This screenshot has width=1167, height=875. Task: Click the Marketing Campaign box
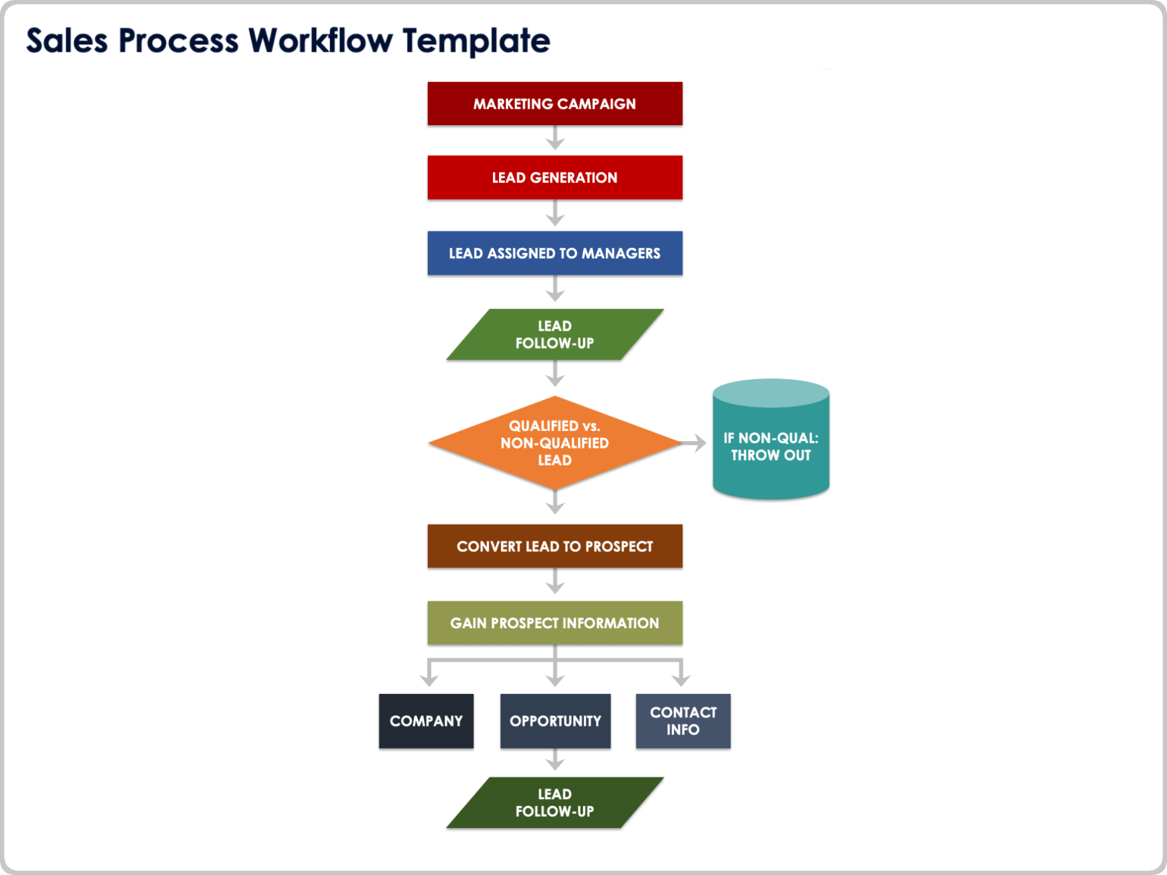pos(554,104)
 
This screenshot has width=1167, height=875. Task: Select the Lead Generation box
pos(554,177)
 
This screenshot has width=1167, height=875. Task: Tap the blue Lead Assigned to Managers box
pos(554,253)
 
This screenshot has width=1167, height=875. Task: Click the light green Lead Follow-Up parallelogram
pos(554,334)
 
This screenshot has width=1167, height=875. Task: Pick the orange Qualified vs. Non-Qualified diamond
pos(554,443)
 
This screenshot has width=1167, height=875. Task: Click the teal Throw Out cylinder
pos(771,447)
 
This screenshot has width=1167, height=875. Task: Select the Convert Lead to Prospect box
pos(554,546)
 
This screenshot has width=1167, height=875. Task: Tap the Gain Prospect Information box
pos(554,623)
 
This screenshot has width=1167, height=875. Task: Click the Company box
pos(426,721)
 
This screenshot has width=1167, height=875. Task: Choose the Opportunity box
pos(555,721)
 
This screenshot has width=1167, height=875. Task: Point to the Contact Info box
pos(683,721)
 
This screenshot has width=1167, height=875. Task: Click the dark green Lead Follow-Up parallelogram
pos(554,802)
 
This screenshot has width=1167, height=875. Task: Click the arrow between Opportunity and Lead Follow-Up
pos(555,761)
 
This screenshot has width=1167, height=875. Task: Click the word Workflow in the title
pos(321,41)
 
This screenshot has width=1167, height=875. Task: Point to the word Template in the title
pos(477,41)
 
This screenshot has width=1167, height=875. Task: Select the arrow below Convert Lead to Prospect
pos(555,582)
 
